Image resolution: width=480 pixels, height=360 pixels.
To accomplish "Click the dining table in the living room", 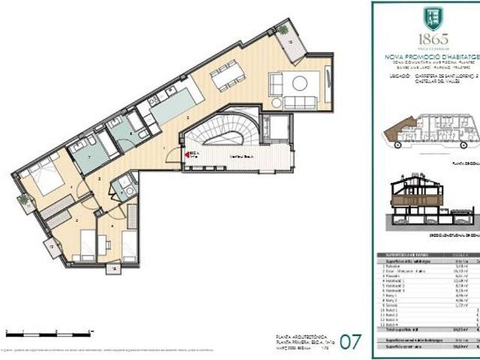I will (x=227, y=76).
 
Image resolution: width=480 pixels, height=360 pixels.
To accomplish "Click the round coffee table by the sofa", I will (x=299, y=83).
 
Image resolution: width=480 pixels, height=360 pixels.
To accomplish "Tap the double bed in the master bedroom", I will (x=43, y=177).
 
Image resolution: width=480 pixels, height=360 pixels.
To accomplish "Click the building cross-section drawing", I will (x=431, y=204).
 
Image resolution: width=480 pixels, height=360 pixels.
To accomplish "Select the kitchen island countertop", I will (x=174, y=106).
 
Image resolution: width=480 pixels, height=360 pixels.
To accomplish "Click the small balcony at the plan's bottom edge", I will (x=112, y=267).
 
